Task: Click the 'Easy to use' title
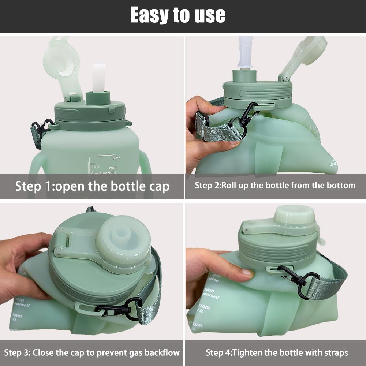178,15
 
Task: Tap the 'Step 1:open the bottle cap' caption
92,186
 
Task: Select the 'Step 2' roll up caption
275,185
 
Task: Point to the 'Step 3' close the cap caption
92,353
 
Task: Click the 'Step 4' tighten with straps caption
276,353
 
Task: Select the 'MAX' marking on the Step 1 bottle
117,158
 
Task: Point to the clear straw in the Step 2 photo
245,51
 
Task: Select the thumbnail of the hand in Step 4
248,273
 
